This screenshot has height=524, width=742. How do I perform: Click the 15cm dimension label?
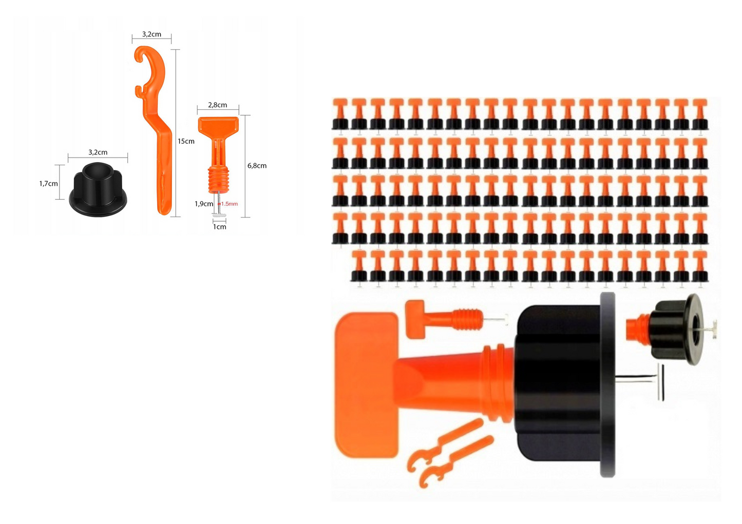[x=186, y=141]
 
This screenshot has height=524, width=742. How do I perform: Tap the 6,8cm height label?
[x=257, y=165]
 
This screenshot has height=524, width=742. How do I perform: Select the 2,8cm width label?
[x=218, y=105]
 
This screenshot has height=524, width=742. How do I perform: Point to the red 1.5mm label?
[x=229, y=204]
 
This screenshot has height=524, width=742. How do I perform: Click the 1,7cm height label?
[x=48, y=183]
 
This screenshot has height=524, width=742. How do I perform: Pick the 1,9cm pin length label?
[x=204, y=204]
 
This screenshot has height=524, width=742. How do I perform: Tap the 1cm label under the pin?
[x=219, y=227]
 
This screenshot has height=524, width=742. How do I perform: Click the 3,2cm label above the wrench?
[x=151, y=34]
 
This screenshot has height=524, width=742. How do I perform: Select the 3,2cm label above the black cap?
[x=98, y=152]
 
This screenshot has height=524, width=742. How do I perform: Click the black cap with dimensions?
[x=98, y=189]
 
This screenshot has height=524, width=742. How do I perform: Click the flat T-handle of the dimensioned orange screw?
[x=218, y=125]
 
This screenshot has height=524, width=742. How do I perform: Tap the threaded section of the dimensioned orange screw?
[x=218, y=180]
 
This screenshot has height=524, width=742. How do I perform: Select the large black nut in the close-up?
[x=565, y=384]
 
